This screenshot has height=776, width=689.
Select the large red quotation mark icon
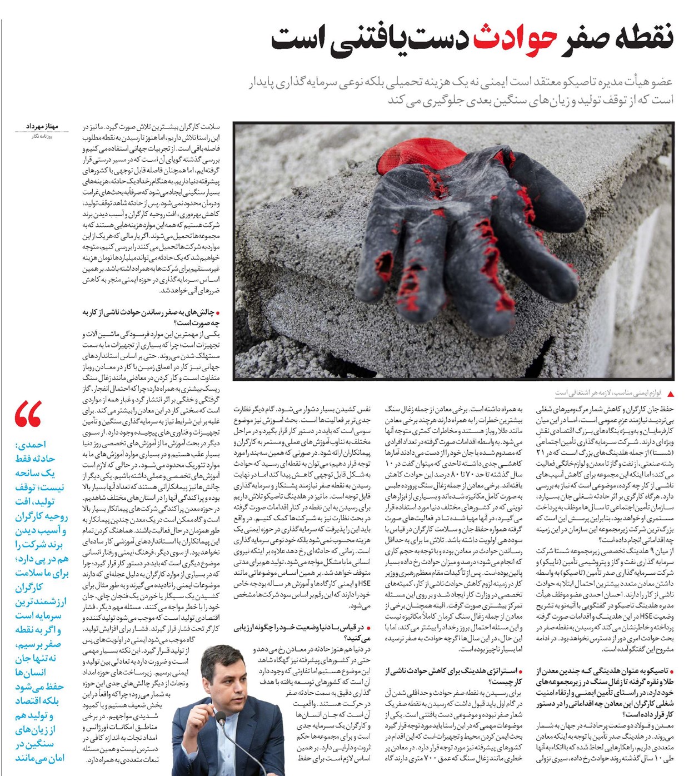point(28,414)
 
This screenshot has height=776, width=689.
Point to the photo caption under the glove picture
point(608,393)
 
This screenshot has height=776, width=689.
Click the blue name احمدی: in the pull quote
point(31,445)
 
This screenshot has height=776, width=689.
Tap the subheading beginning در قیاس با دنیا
point(303,633)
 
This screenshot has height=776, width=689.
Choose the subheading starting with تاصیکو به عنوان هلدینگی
point(605,693)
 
